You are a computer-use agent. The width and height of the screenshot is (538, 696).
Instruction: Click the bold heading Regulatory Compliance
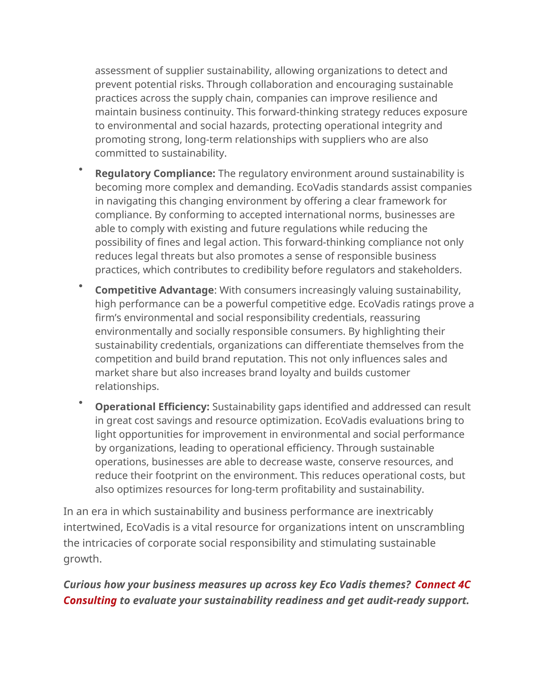pos(155,173)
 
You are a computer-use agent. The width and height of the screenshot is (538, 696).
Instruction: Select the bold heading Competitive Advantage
pos(154,290)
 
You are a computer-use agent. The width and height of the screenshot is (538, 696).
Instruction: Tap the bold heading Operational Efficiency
pos(152,407)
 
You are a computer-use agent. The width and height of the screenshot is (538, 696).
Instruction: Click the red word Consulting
pos(90,600)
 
